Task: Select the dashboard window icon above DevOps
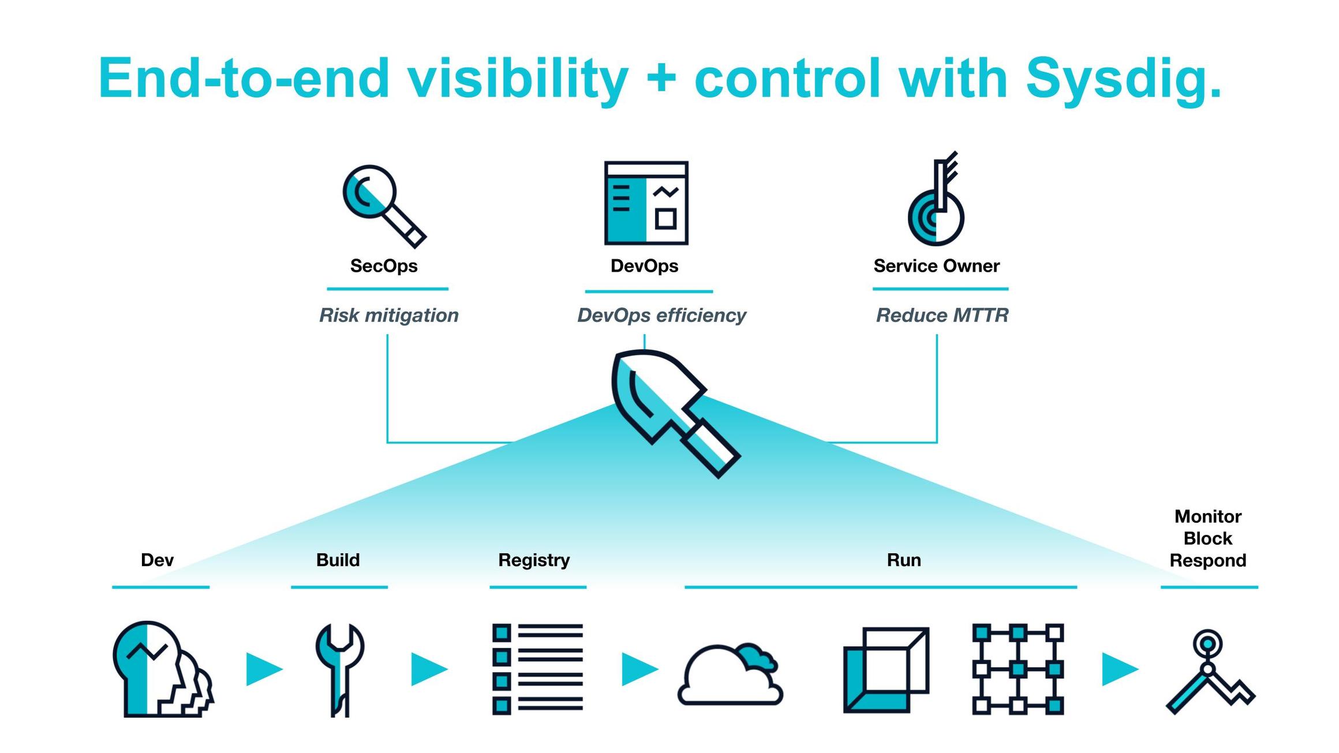[646, 203]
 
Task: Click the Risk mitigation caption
[388, 315]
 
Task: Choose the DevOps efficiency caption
[661, 315]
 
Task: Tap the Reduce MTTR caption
[941, 315]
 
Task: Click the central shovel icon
[672, 411]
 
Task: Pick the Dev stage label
[157, 560]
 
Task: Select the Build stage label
[338, 560]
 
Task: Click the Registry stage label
[534, 560]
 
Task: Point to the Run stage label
[903, 560]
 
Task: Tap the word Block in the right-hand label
[1207, 538]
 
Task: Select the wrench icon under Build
[340, 669]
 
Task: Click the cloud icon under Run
[730, 674]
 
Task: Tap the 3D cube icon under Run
[886, 670]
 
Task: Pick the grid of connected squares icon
[1018, 669]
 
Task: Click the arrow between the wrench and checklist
[428, 669]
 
